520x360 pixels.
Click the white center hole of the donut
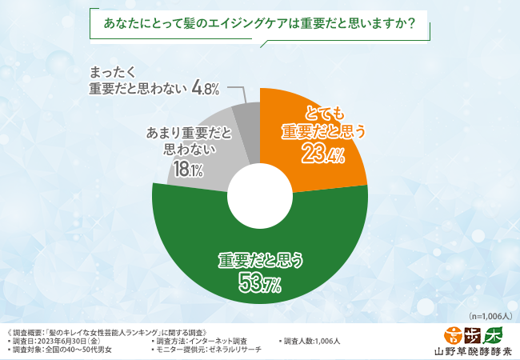259,194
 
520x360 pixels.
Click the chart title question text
259,24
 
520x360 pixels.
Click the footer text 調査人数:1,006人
312,340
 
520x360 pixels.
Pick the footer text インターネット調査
228,340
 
